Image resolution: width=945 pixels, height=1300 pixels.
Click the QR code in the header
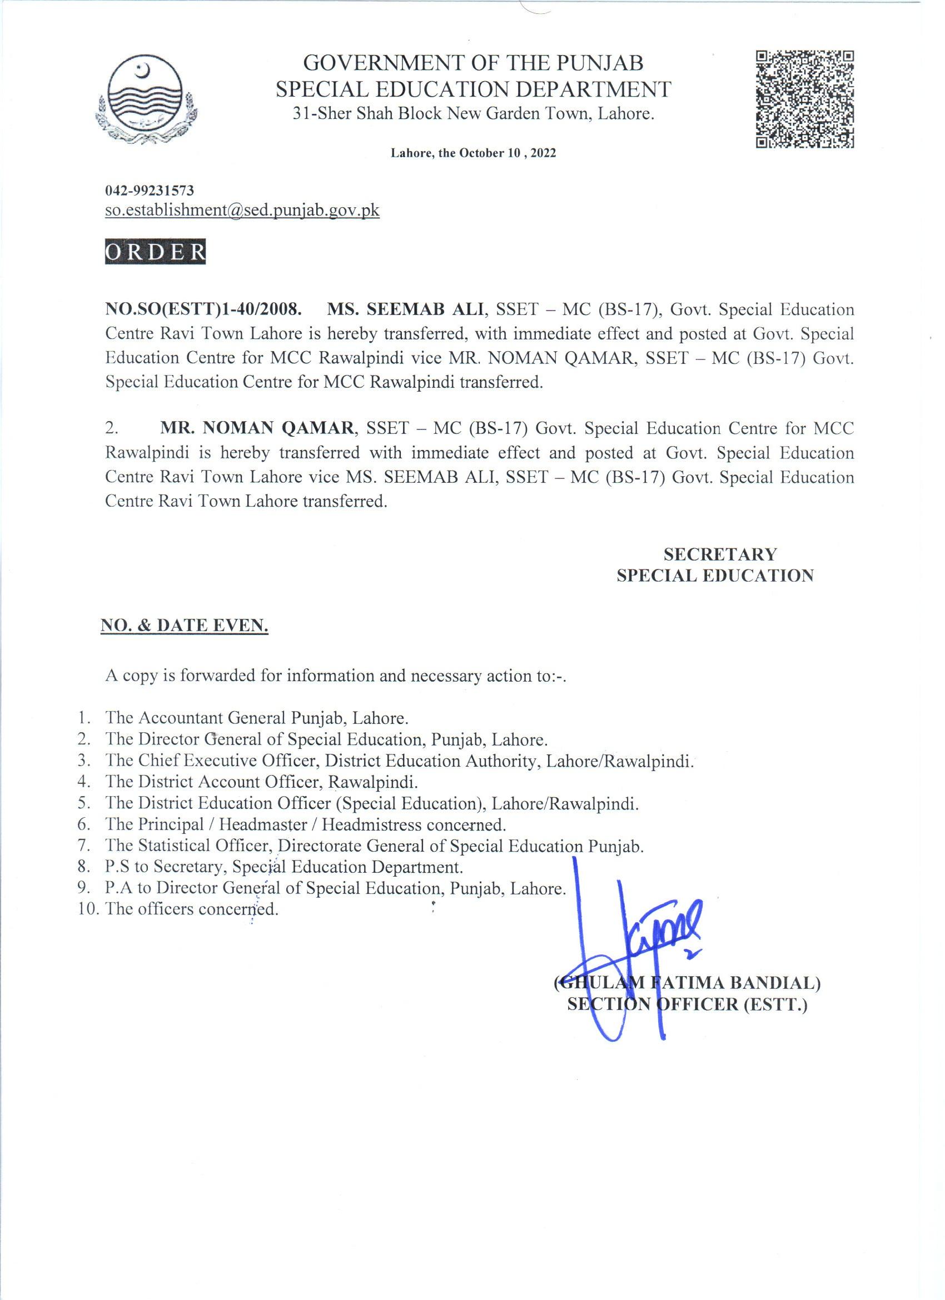(804, 98)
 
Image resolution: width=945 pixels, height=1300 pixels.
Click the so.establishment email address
(242, 211)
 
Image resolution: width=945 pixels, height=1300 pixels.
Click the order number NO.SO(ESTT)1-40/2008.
(203, 310)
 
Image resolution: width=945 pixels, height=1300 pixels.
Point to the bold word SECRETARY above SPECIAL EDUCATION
(720, 554)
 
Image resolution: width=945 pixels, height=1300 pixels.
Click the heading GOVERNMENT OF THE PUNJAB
(473, 62)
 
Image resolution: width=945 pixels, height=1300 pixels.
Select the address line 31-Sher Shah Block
(473, 114)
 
